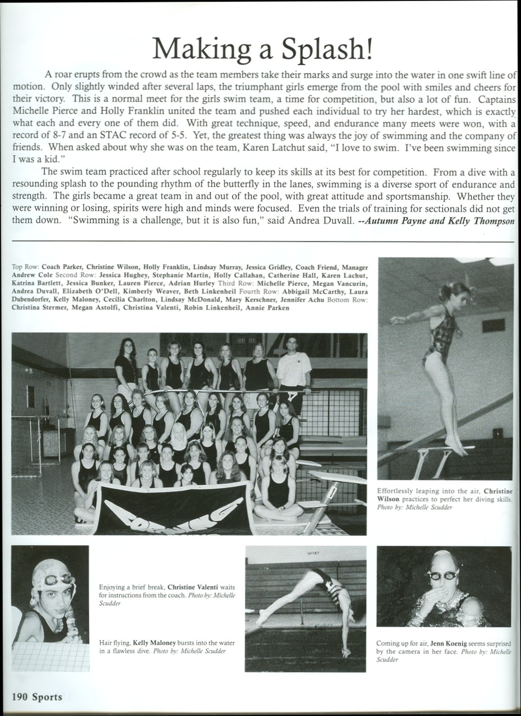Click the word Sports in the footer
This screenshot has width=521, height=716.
[x=48, y=696]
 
